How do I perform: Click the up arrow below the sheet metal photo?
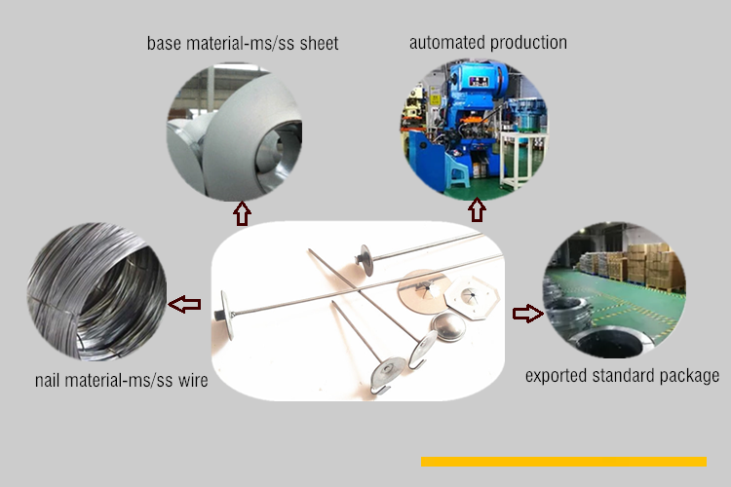[241, 212]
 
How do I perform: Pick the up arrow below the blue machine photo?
[477, 210]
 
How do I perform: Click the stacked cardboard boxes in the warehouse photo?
[648, 263]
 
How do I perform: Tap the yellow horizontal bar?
[563, 462]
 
